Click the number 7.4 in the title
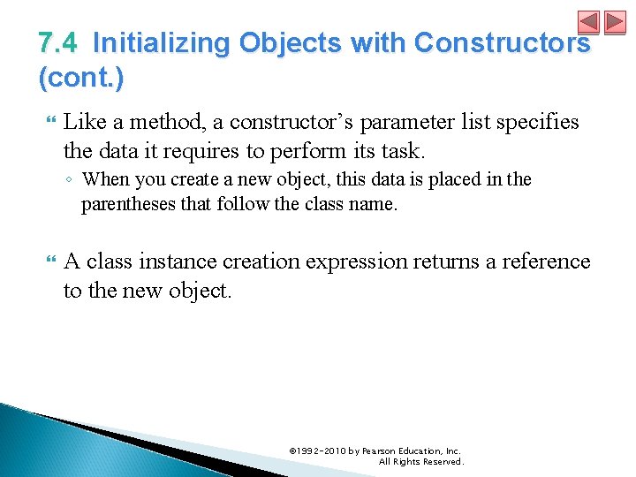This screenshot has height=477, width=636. [x=57, y=43]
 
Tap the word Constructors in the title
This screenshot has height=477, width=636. [x=502, y=43]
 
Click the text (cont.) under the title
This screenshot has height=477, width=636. [x=81, y=78]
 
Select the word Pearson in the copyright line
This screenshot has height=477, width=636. [x=381, y=450]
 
